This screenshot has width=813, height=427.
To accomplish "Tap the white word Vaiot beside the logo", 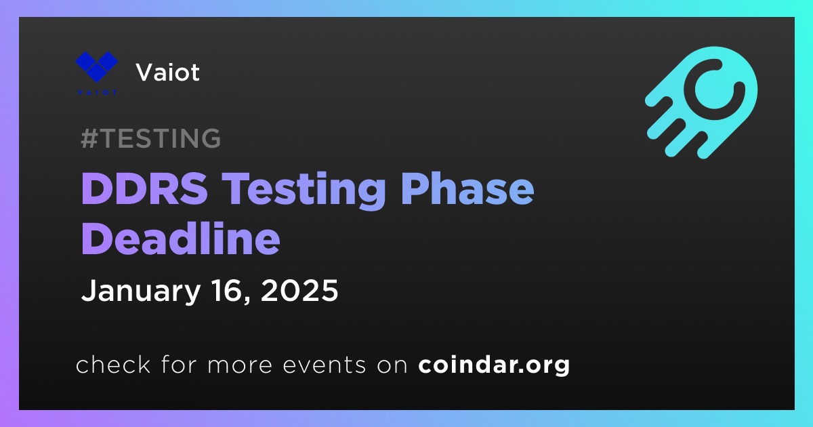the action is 168,73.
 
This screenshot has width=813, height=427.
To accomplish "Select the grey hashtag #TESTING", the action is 150,138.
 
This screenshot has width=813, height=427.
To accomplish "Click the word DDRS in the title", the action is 145,189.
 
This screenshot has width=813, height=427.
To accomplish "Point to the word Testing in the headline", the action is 304,191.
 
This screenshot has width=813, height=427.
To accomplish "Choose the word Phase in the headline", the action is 467,189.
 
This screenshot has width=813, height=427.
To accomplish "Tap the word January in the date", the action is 141,291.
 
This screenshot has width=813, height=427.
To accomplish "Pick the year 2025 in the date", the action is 299,290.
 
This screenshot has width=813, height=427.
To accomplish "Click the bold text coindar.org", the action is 494,365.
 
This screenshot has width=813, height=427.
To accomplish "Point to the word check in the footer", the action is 113,364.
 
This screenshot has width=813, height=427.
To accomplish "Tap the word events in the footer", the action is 325,365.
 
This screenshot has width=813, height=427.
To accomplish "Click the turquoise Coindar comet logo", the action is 702,102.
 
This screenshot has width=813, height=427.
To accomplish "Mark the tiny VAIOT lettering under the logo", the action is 97,93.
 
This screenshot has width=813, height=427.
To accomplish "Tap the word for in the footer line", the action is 179,364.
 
